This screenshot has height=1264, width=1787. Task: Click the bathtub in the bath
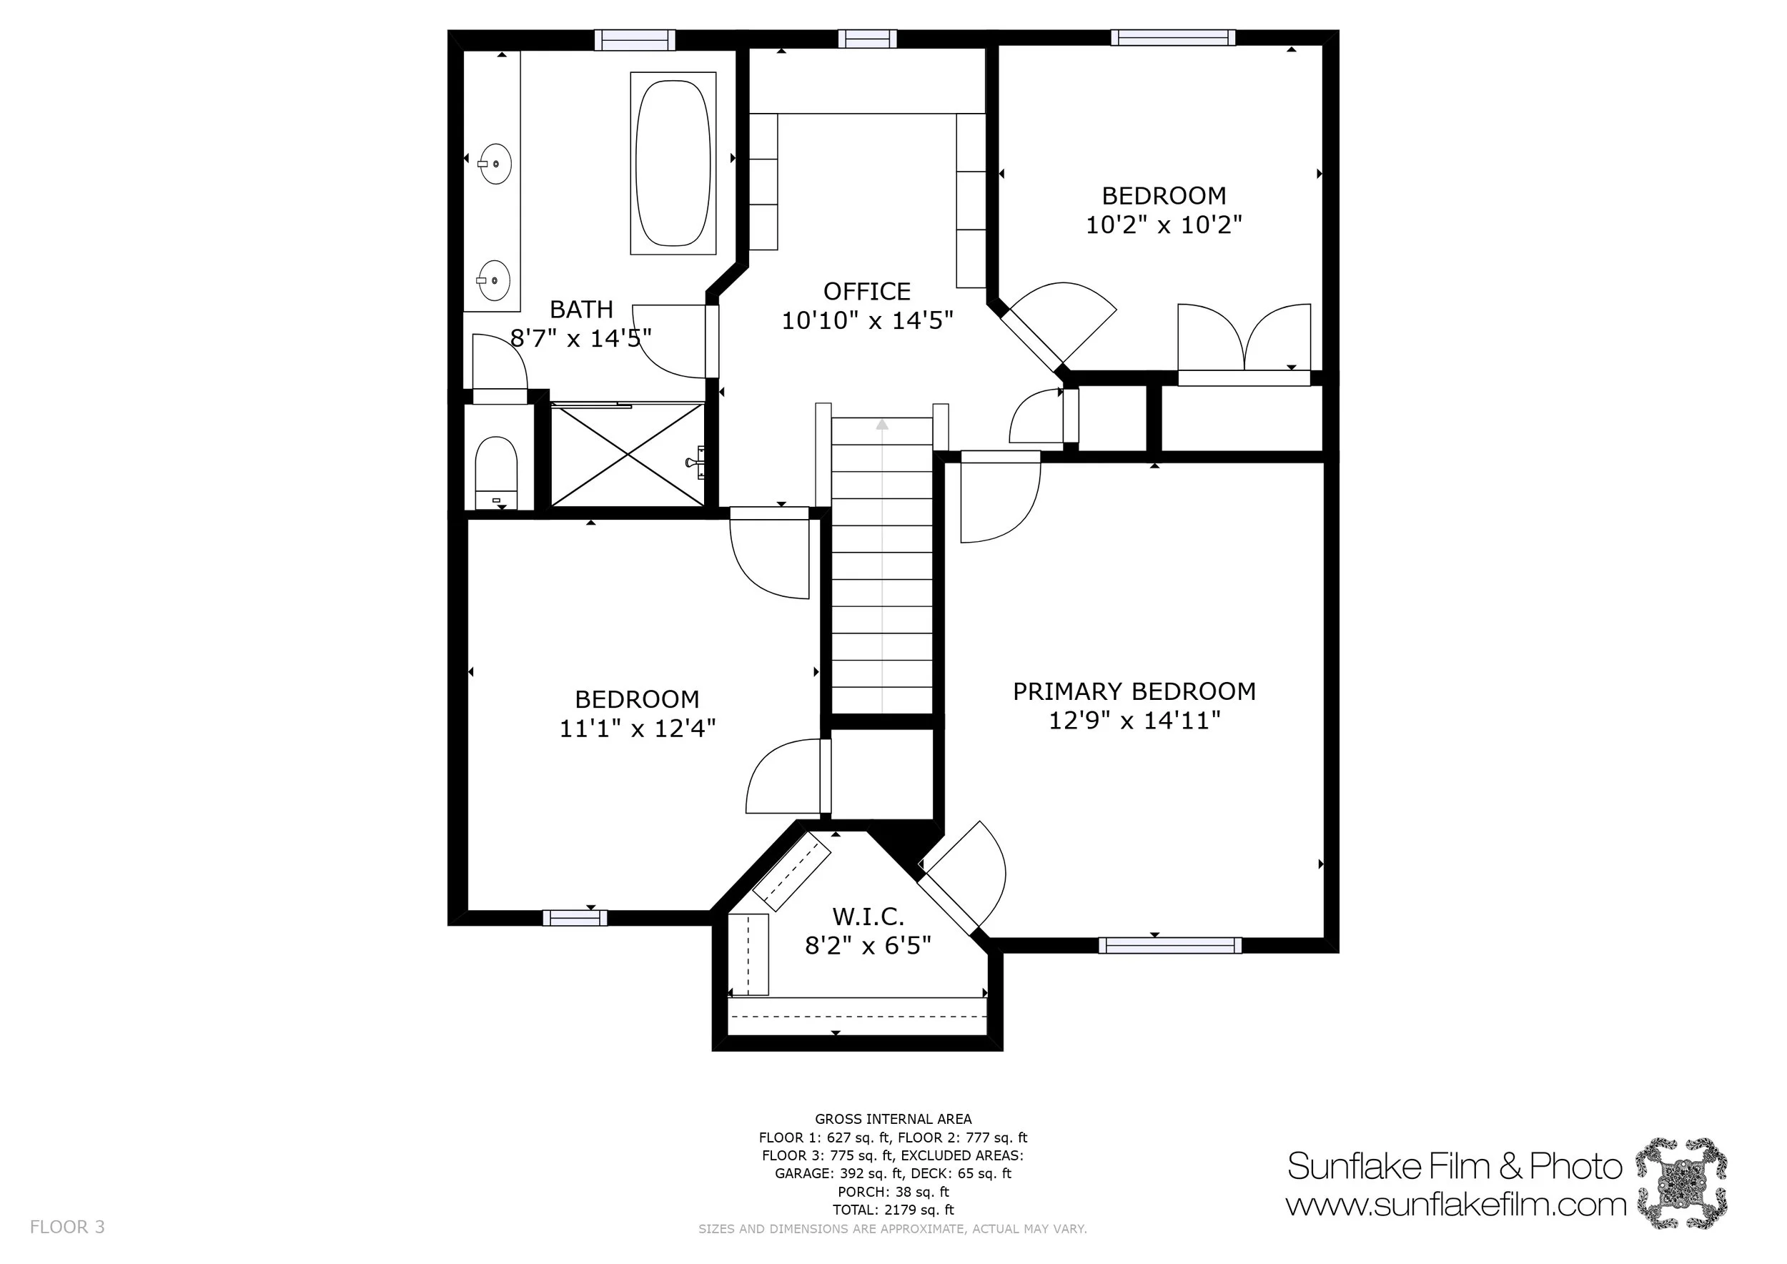tap(673, 163)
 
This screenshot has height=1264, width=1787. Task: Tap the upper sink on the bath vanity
tap(494, 164)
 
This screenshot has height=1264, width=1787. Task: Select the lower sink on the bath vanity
tap(493, 280)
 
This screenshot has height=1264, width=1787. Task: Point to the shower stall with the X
tap(628, 455)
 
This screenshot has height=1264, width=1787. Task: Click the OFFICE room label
tap(866, 291)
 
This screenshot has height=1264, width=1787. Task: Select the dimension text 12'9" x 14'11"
tap(1134, 720)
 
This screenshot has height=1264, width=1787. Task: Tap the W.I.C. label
tap(868, 916)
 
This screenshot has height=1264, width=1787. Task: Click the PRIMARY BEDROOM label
tap(1134, 691)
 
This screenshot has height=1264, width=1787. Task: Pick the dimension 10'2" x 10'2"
tap(1163, 225)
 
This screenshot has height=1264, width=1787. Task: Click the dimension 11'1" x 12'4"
tap(637, 728)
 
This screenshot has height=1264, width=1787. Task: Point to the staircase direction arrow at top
tap(882, 425)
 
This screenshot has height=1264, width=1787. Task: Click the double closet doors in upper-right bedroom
tap(1244, 339)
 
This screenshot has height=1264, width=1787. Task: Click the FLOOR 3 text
tap(67, 1228)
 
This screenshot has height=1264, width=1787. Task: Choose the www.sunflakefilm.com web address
tap(1455, 1205)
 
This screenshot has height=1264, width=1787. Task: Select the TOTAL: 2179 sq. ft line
tap(893, 1210)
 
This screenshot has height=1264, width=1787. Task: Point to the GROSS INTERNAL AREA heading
tap(893, 1120)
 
